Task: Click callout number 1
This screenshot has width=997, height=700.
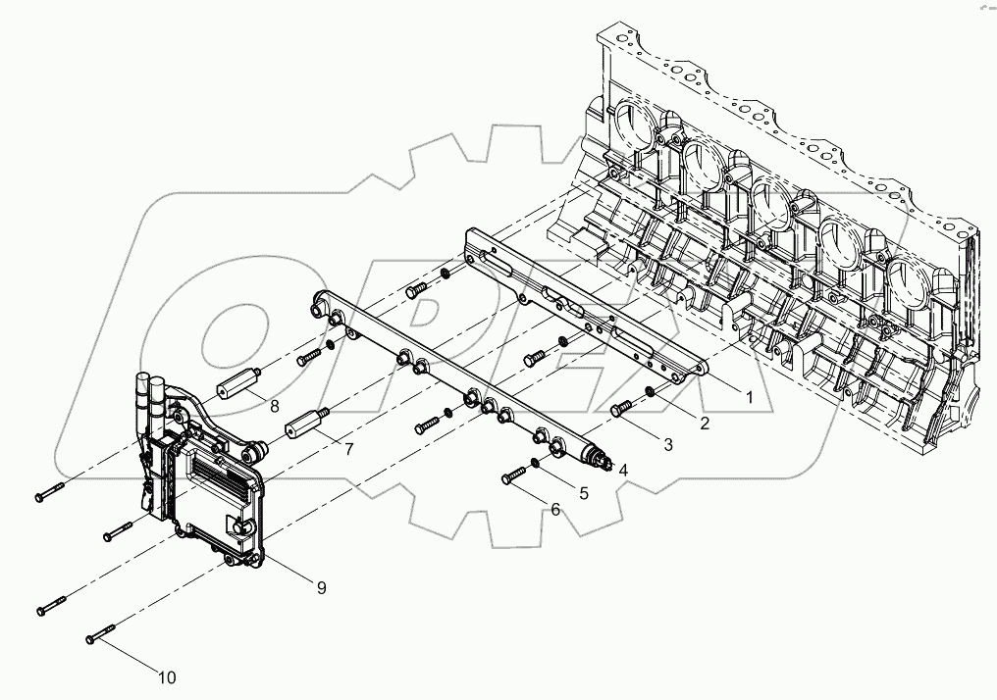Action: coord(748,399)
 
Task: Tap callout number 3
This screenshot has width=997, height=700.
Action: coord(667,445)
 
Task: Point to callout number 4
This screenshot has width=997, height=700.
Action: coord(622,470)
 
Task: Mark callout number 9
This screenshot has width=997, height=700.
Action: coord(321,587)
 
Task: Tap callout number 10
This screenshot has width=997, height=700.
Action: coord(167,676)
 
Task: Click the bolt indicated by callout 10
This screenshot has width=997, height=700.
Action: coord(101,633)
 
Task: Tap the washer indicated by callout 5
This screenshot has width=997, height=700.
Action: coord(535,463)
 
